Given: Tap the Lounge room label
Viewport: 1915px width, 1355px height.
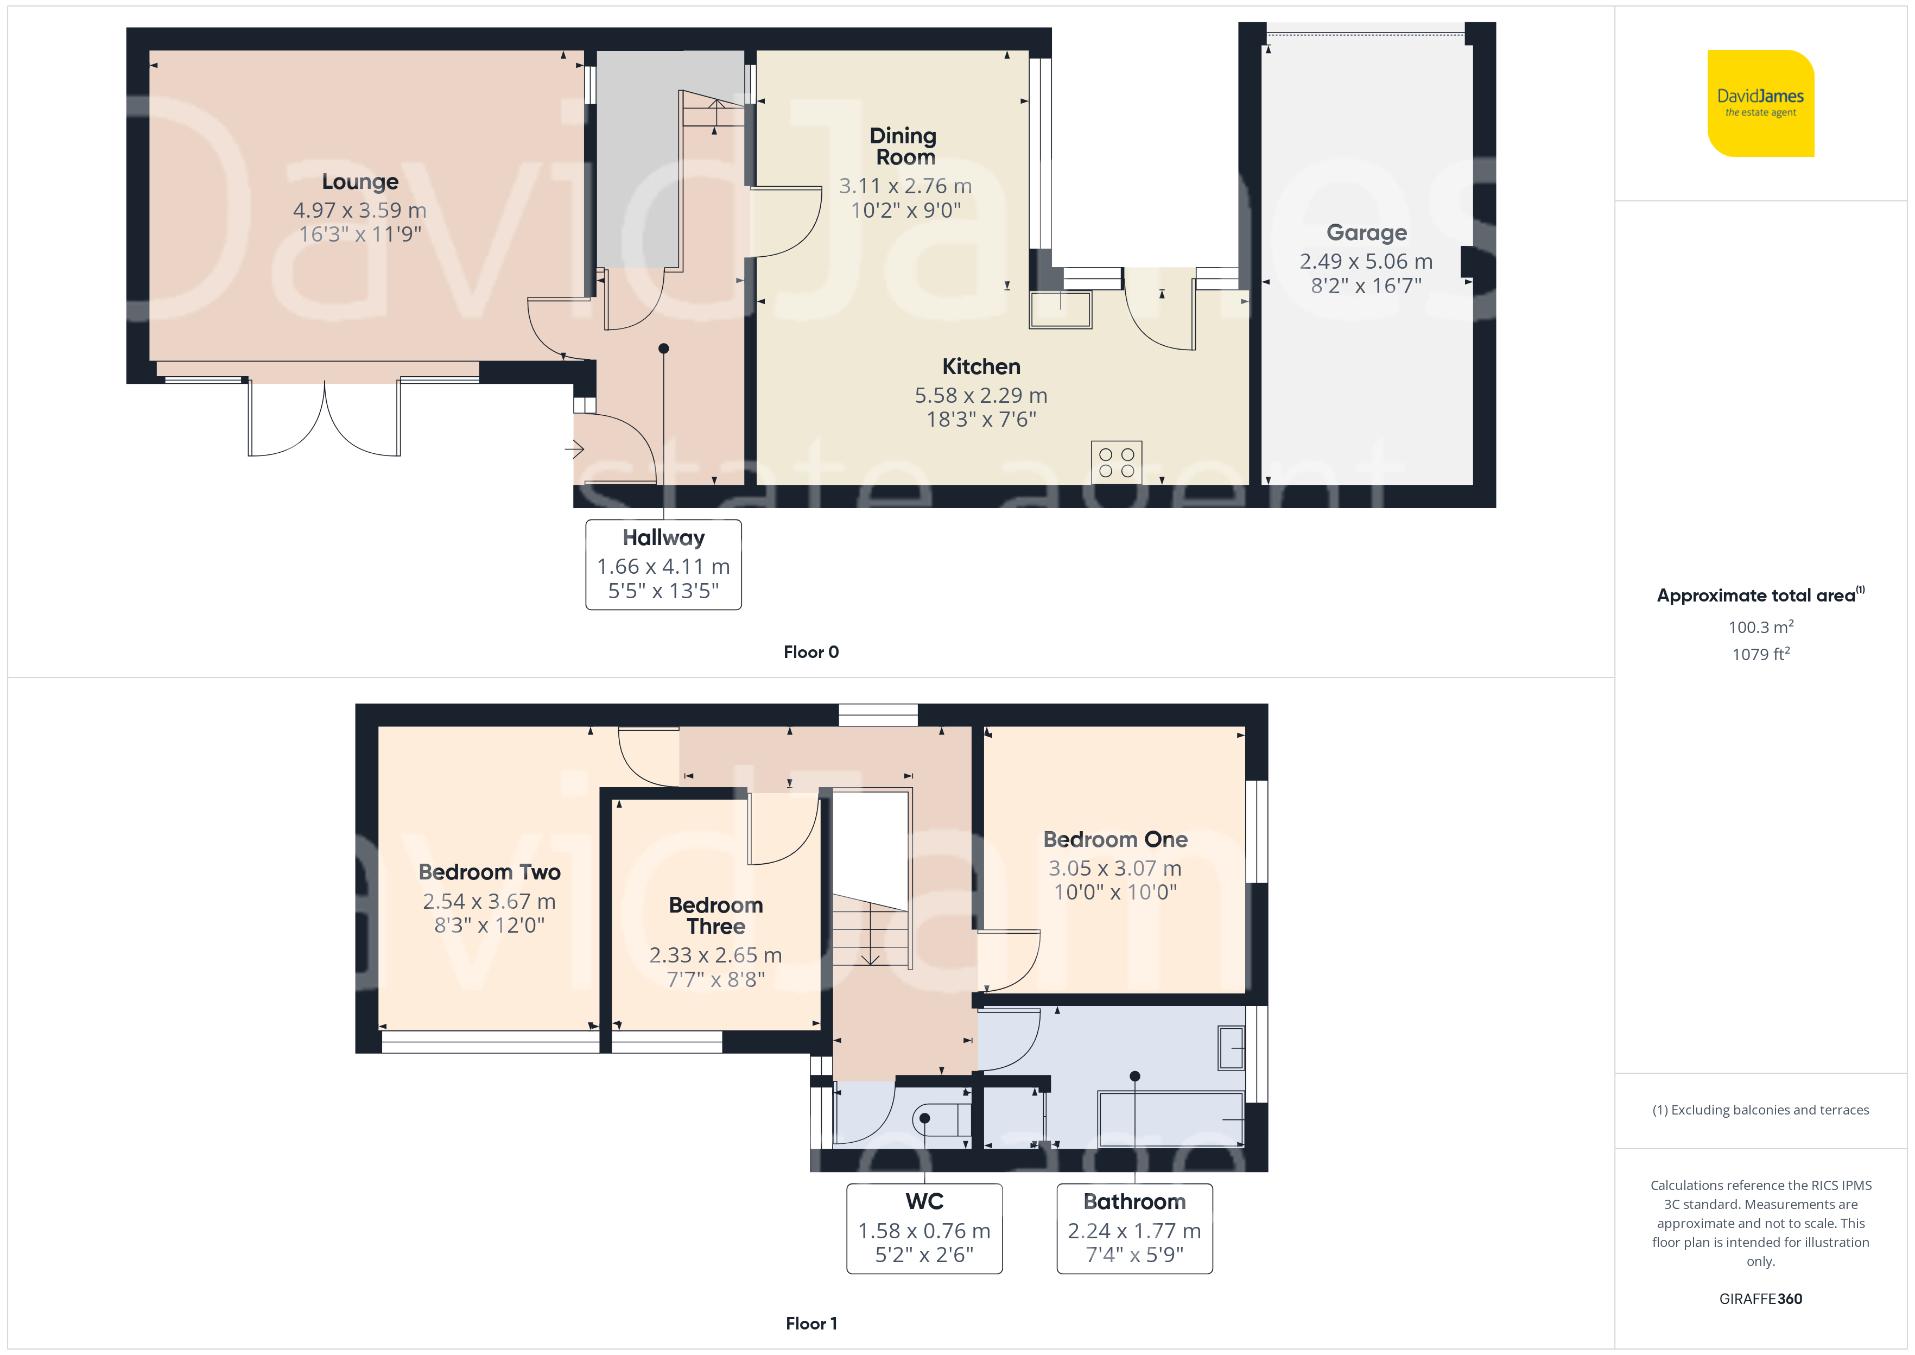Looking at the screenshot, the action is [360, 182].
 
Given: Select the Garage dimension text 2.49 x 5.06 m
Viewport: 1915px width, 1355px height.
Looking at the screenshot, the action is [1366, 261].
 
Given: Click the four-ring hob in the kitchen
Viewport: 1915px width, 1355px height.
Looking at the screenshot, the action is [1116, 462].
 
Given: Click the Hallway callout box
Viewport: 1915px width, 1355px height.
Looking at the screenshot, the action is [663, 565].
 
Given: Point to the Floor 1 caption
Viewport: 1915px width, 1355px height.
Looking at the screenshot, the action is [811, 1324].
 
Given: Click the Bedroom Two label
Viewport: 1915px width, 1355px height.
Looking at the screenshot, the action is [490, 872].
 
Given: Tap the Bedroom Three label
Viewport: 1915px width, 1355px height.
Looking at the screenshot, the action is [715, 915].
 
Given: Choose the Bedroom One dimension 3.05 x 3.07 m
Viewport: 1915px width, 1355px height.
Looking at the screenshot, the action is [1115, 869].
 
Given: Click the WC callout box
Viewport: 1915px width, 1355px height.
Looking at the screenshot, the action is [924, 1228].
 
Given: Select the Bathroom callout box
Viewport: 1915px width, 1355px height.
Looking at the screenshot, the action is [1134, 1228].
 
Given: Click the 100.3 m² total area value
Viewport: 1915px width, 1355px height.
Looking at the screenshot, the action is [1761, 626].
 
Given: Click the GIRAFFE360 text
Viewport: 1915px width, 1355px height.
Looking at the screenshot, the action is [1761, 1299].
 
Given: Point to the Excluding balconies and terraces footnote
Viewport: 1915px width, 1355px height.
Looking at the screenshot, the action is [1761, 1110].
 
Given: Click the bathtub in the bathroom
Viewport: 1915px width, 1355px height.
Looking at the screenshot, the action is [1171, 1119].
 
